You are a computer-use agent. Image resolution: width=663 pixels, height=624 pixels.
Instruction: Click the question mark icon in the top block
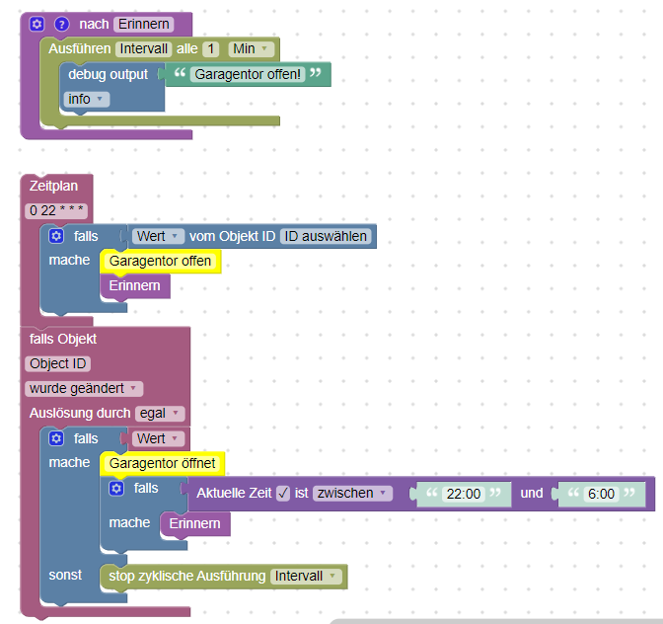[61, 24]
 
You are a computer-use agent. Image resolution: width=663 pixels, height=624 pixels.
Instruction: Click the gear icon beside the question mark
[37, 24]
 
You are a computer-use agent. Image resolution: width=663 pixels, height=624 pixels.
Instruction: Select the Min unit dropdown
[250, 48]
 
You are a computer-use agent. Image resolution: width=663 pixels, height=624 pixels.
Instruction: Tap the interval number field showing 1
[211, 48]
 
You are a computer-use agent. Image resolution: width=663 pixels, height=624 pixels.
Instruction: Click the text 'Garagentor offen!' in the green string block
[248, 74]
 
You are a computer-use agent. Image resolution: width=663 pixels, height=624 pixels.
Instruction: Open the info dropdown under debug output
[86, 99]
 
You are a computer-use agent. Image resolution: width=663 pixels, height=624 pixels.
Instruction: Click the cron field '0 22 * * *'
[56, 211]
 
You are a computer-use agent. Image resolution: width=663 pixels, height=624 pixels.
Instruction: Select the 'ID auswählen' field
[325, 236]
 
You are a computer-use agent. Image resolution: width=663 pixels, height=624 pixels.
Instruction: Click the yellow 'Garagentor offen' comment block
[160, 262]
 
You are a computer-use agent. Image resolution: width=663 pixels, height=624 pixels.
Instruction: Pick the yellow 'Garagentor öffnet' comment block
[163, 463]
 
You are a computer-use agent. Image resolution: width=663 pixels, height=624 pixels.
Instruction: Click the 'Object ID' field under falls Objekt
[57, 363]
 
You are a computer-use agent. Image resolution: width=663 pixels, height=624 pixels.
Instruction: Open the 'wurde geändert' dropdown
[84, 388]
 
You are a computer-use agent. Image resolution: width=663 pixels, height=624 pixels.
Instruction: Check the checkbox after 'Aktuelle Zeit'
[283, 493]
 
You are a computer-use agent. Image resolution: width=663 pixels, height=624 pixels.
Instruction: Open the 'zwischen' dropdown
[352, 493]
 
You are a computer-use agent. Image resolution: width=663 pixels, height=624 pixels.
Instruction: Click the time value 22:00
[463, 494]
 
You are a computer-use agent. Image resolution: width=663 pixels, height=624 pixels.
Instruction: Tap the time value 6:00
[600, 494]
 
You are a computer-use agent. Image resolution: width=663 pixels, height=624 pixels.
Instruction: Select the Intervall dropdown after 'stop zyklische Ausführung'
[306, 576]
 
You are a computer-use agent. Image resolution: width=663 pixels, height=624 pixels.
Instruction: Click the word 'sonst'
[65, 575]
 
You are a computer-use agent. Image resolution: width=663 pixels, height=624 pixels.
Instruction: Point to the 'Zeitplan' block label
[53, 186]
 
